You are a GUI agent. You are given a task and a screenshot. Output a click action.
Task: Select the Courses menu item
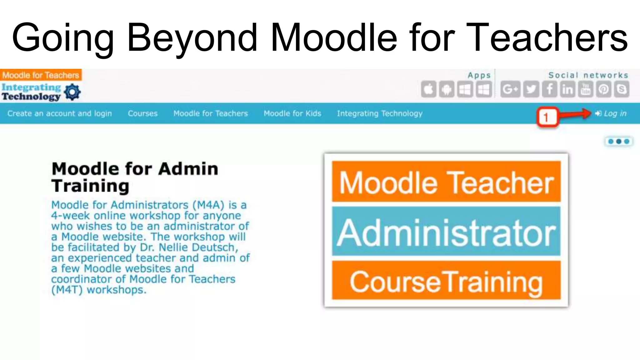coord(142,113)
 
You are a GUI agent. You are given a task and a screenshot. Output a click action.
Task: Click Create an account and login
coord(60,113)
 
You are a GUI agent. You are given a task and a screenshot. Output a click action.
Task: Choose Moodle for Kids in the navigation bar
coord(292,113)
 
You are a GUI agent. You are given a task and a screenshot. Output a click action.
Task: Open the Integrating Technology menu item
coord(379,113)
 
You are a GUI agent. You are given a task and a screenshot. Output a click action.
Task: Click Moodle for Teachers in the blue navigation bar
coord(211,113)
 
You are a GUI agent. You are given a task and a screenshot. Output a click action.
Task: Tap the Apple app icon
coord(428,90)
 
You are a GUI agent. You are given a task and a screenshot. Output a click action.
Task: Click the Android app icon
coord(447,90)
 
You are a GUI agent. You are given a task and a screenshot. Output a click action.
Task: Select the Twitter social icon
coord(531,90)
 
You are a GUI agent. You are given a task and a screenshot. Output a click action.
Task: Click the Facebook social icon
coord(549,90)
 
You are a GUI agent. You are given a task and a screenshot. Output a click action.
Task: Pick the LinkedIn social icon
coord(567,90)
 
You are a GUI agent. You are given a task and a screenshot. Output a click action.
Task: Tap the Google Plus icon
coord(510,90)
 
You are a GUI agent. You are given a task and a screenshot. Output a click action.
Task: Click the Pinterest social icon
coord(604,90)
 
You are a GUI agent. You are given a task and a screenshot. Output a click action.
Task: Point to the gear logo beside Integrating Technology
coord(72,92)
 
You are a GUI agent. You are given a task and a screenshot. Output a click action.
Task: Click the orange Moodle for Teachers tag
coord(41,75)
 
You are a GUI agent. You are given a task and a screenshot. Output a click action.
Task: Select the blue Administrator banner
coord(446,232)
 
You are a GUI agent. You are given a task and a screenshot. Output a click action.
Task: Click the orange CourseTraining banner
coord(446,281)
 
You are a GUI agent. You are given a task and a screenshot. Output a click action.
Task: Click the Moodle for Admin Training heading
coord(134,177)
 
